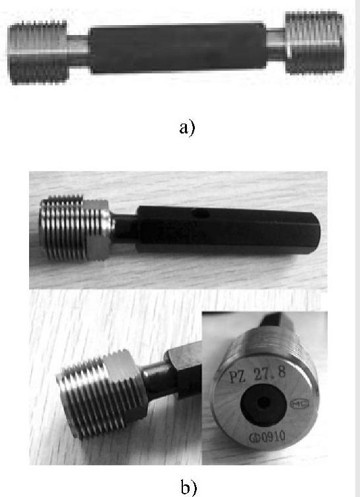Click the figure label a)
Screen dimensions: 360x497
187,128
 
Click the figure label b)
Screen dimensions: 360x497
189,487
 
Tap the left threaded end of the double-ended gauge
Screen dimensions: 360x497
38,52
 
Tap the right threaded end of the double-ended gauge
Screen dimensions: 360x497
314,42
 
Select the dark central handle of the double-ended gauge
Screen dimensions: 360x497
178,48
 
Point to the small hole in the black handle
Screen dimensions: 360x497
201,213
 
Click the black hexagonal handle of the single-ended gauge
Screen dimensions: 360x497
229,230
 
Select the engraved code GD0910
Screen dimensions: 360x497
267,437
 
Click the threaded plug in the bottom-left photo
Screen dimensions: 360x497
102,395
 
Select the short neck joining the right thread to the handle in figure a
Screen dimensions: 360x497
276,44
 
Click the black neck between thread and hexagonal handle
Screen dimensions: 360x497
125,229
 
